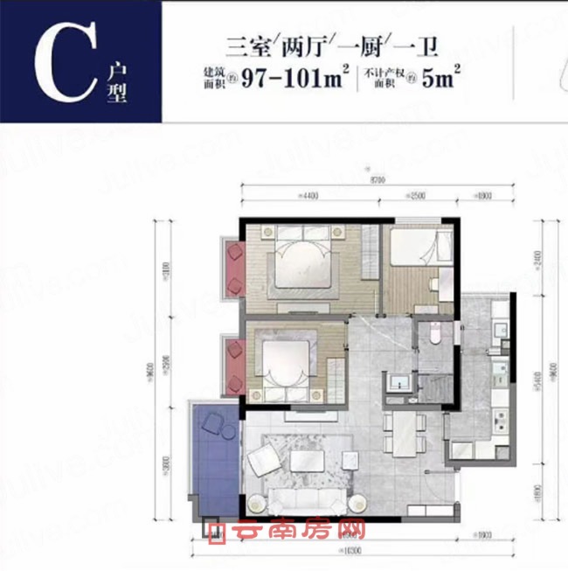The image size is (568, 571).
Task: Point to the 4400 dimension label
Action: pyautogui.click(x=307, y=193)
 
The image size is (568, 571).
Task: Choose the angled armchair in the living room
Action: pyautogui.click(x=261, y=460)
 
